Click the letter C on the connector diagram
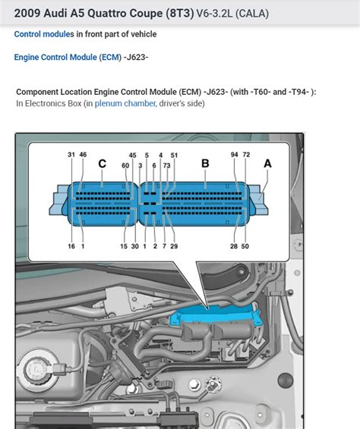pyautogui.click(x=102, y=163)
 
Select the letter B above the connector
pyautogui.click(x=205, y=163)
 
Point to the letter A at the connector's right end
pyautogui.click(x=267, y=163)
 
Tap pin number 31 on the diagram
pyautogui.click(x=71, y=155)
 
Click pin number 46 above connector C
pyautogui.click(x=83, y=155)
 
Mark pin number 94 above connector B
pyautogui.click(x=235, y=155)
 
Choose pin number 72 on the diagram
pyautogui.click(x=246, y=155)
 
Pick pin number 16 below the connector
pyautogui.click(x=71, y=246)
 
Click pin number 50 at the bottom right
pyautogui.click(x=245, y=246)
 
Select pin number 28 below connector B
pyautogui.click(x=234, y=246)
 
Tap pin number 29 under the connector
pyautogui.click(x=175, y=246)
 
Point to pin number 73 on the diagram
pyautogui.click(x=166, y=166)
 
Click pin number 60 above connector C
pyautogui.click(x=125, y=166)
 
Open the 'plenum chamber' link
pyautogui.click(x=125, y=103)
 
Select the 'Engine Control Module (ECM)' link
pyautogui.click(x=67, y=57)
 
